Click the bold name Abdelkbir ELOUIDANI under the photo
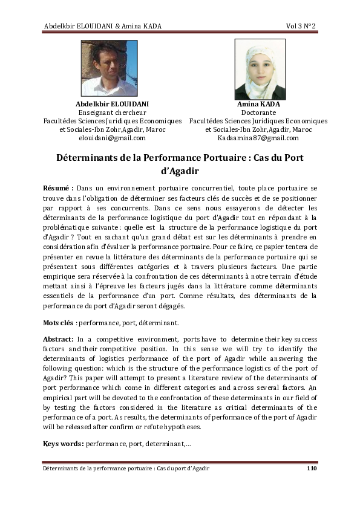click(x=112, y=104)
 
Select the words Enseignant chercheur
click(x=112, y=112)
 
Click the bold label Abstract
click(x=59, y=340)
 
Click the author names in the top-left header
click(x=103, y=25)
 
